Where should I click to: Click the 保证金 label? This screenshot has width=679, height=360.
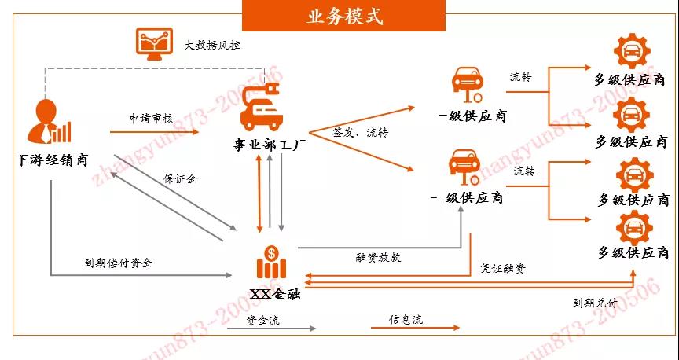pyautogui.click(x=180, y=178)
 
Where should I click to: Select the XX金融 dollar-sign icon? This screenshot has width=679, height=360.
pyautogui.click(x=271, y=257)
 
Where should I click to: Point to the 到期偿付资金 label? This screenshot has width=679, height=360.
pyautogui.click(x=118, y=263)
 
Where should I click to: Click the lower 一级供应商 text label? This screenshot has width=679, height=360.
pyautogui.click(x=468, y=197)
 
